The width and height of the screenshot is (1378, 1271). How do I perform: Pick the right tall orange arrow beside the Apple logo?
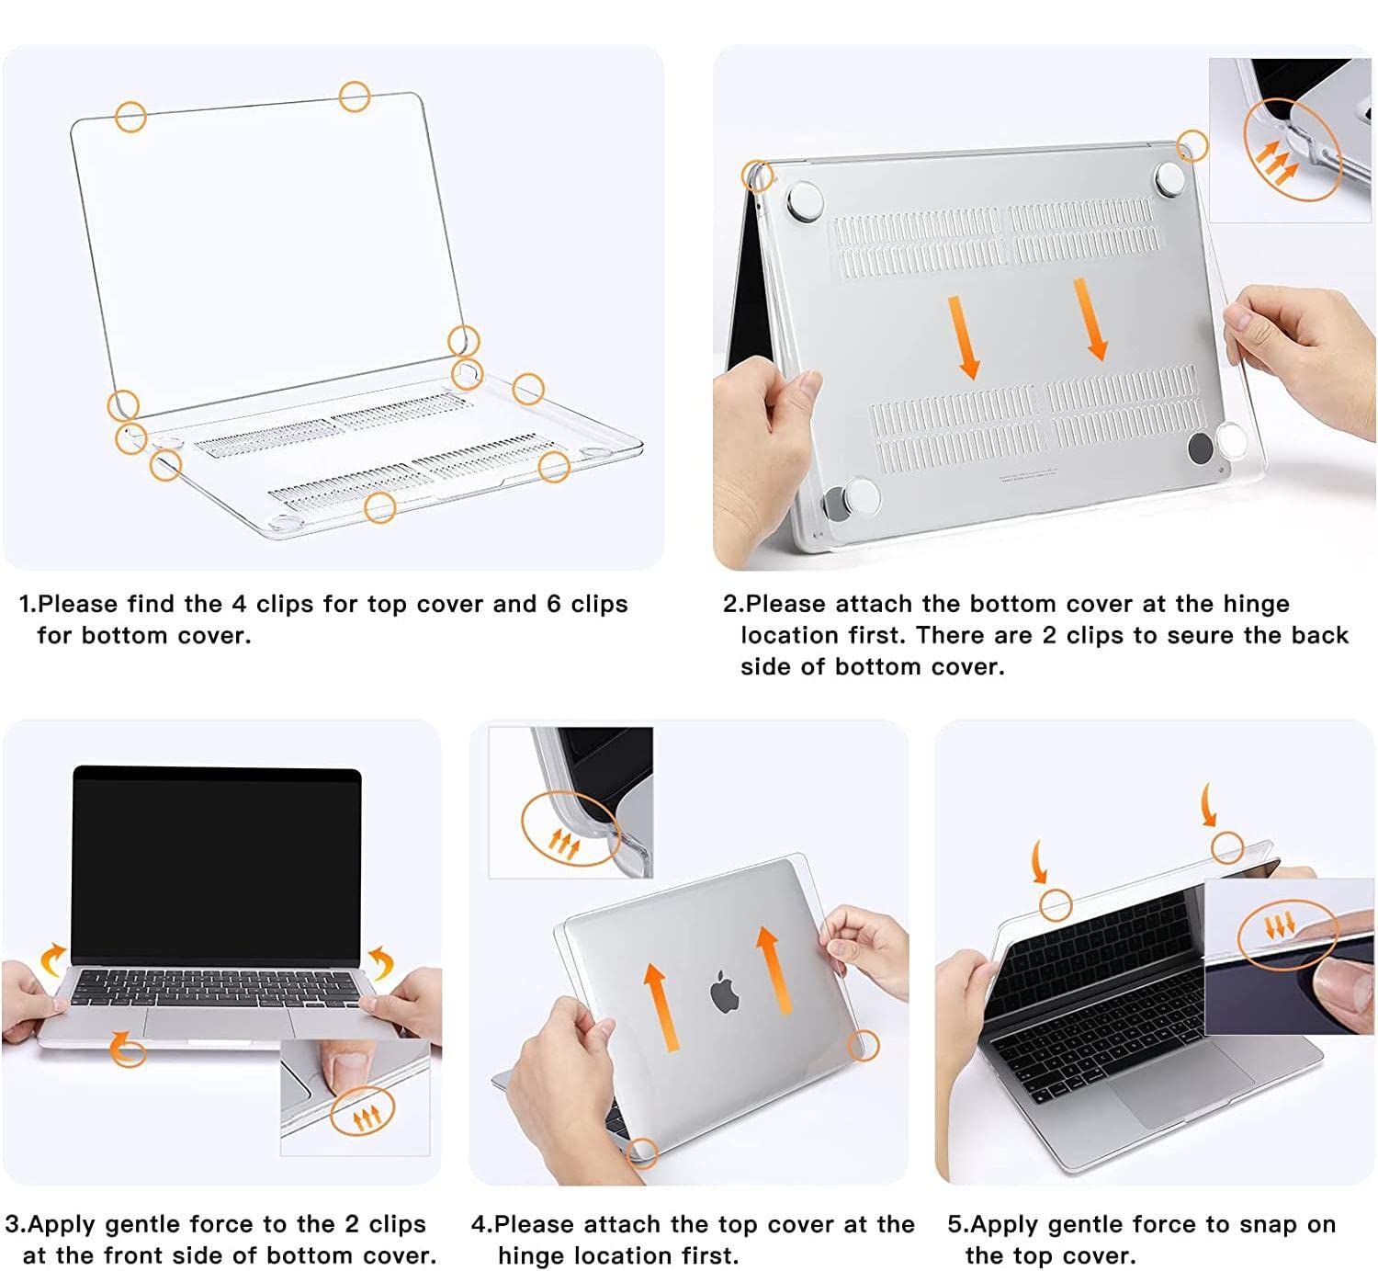coord(774,970)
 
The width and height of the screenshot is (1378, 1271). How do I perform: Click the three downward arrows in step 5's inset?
coord(1278,925)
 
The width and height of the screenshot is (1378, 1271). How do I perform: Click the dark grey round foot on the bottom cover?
coord(1200,448)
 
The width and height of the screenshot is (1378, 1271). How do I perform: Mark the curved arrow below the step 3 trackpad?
coord(126,1047)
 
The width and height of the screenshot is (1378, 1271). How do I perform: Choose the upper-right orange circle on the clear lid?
coord(355,96)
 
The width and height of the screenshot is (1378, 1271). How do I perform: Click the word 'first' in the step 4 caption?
coord(706,1255)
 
